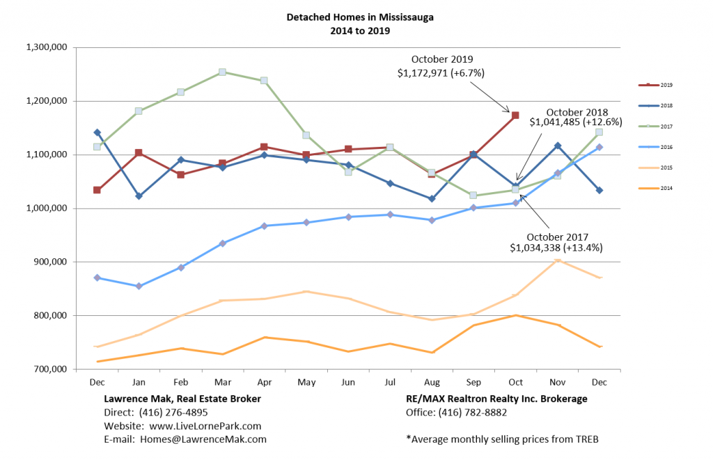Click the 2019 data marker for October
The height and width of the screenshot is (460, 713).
pyautogui.click(x=515, y=116)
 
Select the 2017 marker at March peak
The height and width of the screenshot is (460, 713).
pyautogui.click(x=222, y=72)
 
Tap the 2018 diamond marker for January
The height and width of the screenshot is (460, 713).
pyautogui.click(x=139, y=196)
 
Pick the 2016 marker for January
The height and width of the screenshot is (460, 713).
pyautogui.click(x=139, y=286)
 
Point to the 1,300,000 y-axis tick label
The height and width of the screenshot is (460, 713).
pyautogui.click(x=46, y=47)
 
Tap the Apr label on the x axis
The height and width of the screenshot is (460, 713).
pyautogui.click(x=264, y=382)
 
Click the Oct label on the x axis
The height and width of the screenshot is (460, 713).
pyautogui.click(x=515, y=382)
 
